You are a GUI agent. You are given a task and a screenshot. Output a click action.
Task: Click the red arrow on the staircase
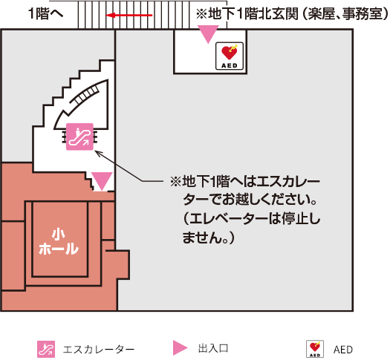point(129,15)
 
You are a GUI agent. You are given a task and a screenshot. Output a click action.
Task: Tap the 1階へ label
point(46,13)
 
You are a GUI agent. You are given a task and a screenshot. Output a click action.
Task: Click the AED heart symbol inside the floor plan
point(230,56)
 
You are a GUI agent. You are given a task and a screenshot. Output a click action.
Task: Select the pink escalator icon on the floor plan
point(79,137)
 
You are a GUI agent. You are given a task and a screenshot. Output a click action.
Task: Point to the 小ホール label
point(59,242)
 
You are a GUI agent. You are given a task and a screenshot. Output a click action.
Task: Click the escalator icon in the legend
point(46,349)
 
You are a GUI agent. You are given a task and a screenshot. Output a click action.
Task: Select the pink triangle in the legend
point(180,348)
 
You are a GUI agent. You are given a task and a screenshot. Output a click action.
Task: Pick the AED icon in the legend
point(315,349)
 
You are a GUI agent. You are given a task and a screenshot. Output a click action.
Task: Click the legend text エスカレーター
point(99,350)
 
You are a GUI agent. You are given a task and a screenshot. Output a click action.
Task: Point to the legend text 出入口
point(213,348)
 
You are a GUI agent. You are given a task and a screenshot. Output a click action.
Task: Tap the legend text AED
point(343,350)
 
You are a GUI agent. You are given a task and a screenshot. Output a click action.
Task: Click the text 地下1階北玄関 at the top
point(253,13)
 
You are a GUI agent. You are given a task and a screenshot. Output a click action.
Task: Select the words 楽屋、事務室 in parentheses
point(345,13)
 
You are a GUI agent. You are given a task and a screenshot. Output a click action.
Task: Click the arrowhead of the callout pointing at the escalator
point(97,152)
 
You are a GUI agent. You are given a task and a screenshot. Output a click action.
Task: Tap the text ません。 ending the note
point(202,238)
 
